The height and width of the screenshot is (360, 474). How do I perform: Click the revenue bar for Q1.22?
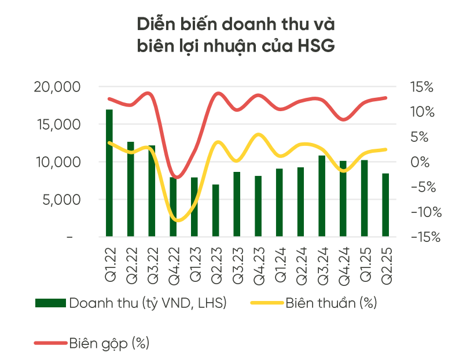[109, 172]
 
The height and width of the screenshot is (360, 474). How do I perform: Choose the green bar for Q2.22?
[131, 189]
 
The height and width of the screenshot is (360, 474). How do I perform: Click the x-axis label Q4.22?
[173, 266]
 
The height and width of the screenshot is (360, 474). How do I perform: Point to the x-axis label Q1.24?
[280, 266]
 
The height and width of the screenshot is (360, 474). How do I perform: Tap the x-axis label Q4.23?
[258, 266]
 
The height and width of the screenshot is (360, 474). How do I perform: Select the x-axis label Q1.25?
[365, 266]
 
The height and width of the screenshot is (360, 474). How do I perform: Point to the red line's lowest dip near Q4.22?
[177, 177]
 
